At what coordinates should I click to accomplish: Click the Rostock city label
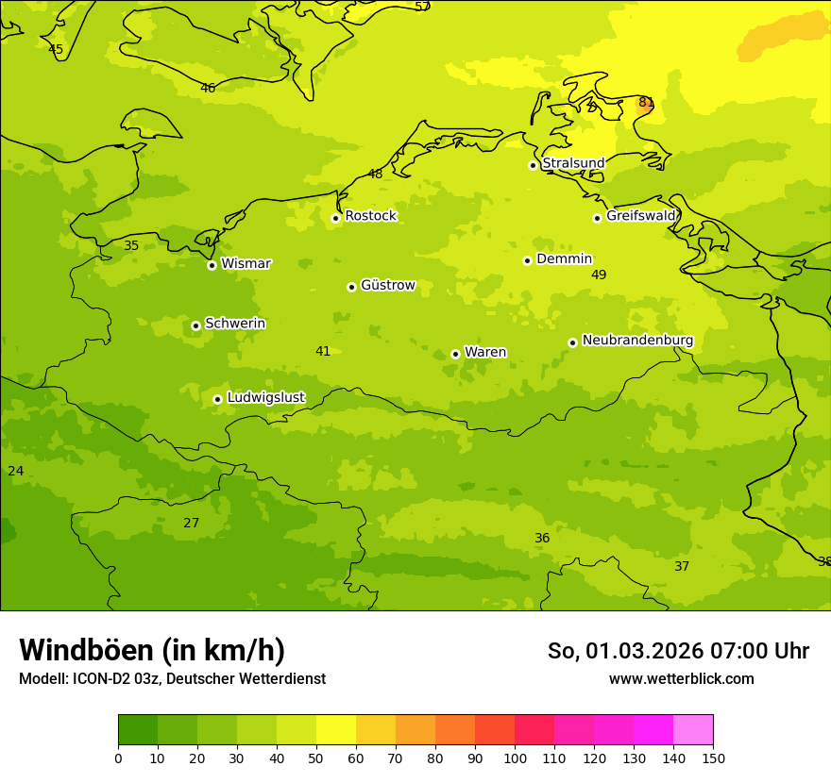[x=370, y=216]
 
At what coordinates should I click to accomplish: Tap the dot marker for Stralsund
[x=533, y=165]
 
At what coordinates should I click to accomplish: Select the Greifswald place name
[x=640, y=216]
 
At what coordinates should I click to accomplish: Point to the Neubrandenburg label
[x=637, y=341]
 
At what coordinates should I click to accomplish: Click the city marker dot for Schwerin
[x=195, y=325]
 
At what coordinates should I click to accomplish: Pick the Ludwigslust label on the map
[x=265, y=398]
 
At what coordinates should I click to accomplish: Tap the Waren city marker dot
[x=455, y=354]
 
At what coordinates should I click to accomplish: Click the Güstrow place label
[x=387, y=285]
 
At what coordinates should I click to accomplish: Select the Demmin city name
[x=564, y=259]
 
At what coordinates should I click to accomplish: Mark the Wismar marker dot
[x=212, y=265]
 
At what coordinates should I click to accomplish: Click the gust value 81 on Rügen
[x=646, y=103]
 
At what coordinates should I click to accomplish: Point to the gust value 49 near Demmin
[x=599, y=275]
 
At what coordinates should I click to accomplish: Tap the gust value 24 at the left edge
[x=16, y=471]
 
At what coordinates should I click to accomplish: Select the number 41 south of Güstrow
[x=323, y=351]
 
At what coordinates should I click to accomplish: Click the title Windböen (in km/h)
[x=152, y=650]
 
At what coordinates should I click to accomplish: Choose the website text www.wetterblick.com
[x=681, y=678]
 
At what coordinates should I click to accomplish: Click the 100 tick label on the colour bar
[x=515, y=758]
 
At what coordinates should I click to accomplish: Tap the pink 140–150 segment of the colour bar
[x=693, y=729]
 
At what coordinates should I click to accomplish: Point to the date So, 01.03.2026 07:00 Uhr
[x=678, y=651]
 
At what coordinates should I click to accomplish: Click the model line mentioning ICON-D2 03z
[x=172, y=678]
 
